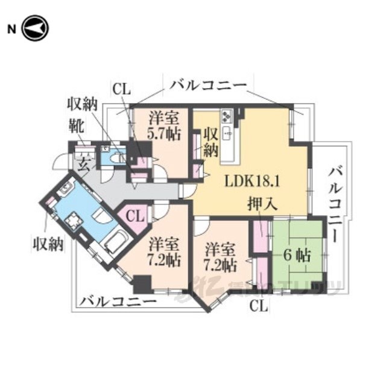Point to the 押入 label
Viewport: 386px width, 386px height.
click(261, 204)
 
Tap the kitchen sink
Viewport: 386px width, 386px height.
click(228, 133)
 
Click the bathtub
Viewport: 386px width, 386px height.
click(115, 243)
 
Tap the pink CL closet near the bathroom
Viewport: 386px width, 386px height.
click(135, 215)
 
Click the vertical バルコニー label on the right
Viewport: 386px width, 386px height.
click(335, 205)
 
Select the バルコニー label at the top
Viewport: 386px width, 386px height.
click(208, 85)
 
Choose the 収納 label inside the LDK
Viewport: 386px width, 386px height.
click(209, 142)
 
